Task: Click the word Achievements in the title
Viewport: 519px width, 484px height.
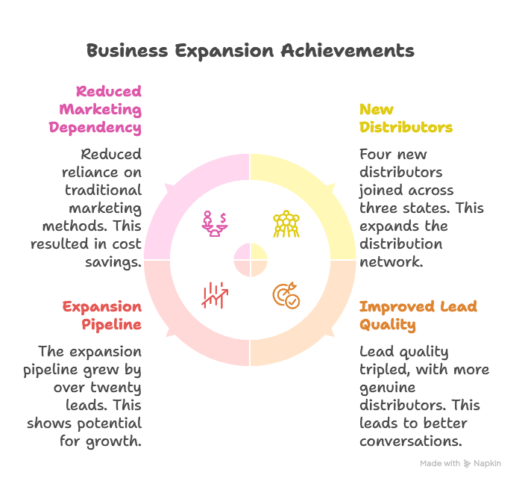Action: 347,51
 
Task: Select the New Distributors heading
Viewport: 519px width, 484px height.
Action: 406,118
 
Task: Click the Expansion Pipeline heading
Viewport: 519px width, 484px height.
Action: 102,316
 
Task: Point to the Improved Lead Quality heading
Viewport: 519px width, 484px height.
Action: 418,316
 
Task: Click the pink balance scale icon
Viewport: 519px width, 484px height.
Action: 215,224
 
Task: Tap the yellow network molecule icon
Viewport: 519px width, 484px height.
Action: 286,224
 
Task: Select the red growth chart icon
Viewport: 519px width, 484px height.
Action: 215,295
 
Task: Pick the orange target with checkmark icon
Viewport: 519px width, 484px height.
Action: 286,295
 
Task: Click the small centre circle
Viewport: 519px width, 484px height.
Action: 251,260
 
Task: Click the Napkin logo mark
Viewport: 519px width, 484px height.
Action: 467,463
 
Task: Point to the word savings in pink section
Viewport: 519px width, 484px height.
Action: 113,262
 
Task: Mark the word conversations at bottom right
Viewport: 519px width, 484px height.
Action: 411,441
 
